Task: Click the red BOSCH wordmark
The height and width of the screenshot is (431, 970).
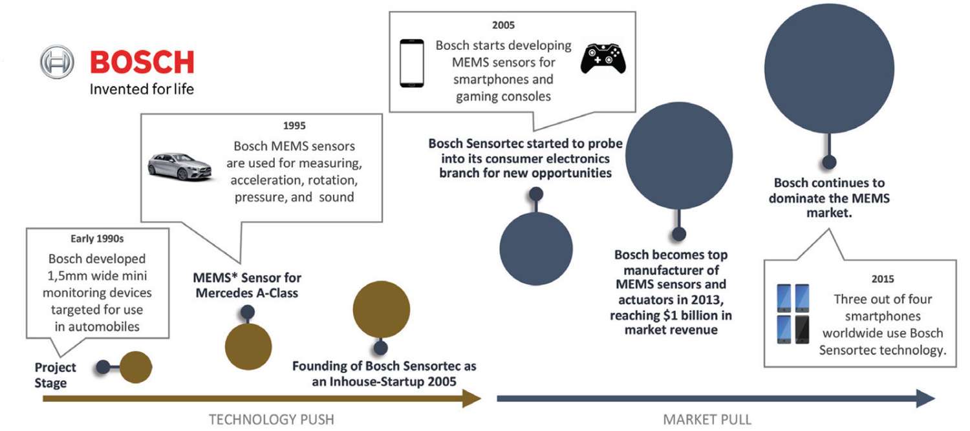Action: (142, 62)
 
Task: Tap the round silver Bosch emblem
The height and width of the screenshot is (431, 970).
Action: (57, 62)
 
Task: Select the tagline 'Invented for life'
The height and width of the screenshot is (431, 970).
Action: (142, 89)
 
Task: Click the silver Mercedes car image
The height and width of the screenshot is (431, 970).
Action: (180, 166)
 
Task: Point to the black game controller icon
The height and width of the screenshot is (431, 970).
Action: (603, 58)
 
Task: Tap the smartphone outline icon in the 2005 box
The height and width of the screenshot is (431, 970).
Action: (412, 63)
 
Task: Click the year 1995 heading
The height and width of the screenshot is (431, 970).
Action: (294, 126)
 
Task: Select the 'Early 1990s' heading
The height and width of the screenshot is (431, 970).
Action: (97, 239)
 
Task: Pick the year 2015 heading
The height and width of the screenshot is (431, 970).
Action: (883, 279)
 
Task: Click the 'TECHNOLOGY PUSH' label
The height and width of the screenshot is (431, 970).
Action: (272, 419)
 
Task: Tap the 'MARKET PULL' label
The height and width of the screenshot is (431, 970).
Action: (707, 419)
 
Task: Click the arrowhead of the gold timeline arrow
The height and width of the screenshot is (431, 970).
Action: (472, 399)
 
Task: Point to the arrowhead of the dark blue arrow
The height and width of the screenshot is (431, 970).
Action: (926, 399)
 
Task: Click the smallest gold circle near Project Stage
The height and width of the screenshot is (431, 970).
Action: (136, 367)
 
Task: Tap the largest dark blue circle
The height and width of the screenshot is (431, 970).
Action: (829, 68)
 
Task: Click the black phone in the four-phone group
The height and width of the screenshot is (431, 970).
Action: (802, 330)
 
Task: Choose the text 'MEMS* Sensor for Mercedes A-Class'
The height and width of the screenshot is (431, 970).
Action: (247, 285)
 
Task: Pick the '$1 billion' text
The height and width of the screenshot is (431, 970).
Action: (684, 315)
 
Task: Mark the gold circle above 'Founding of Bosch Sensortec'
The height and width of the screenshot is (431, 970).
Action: (381, 310)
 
